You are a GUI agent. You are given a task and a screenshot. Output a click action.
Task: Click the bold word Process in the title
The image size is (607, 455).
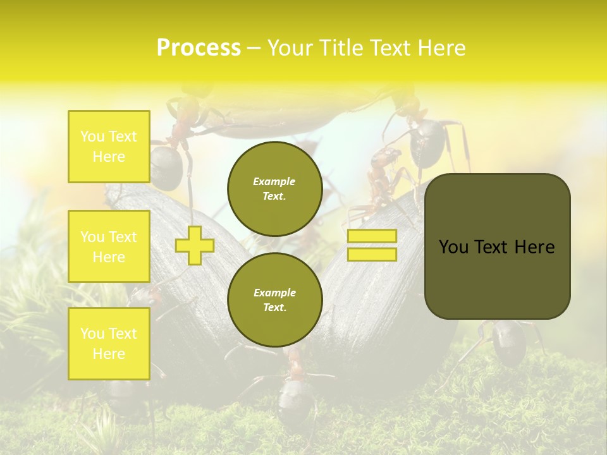pyautogui.click(x=199, y=48)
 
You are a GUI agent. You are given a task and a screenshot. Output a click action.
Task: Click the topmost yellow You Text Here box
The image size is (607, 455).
pyautogui.click(x=109, y=147)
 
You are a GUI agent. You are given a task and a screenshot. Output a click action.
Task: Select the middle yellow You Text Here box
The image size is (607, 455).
pyautogui.click(x=109, y=246)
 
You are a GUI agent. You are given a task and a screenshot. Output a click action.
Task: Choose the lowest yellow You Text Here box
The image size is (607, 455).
pyautogui.click(x=109, y=344)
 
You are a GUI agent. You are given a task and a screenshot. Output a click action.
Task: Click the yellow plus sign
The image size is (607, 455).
pyautogui.click(x=194, y=245)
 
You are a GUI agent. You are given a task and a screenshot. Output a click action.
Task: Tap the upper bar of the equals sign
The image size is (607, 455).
pyautogui.click(x=372, y=236)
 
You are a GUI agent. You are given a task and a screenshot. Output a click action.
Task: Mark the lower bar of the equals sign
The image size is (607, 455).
pyautogui.click(x=372, y=255)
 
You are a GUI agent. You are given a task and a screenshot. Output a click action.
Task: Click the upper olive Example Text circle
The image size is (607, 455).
pyautogui.click(x=274, y=188)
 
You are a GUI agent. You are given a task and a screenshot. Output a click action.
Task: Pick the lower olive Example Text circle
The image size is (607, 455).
pyautogui.click(x=274, y=300)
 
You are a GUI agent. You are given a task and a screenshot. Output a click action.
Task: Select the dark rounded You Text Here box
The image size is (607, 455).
pyautogui.click(x=497, y=246)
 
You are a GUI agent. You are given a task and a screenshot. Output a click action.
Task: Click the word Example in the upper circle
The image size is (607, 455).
pyautogui.click(x=274, y=181)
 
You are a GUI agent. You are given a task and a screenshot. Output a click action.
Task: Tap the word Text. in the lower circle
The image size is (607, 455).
pyautogui.click(x=274, y=308)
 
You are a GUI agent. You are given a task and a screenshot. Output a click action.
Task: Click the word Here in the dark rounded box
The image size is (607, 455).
pyautogui.click(x=535, y=247)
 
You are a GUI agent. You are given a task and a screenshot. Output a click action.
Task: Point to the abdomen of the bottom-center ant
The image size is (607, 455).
pyautogui.click(x=294, y=404)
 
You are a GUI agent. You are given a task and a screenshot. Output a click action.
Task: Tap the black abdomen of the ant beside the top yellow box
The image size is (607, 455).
pyautogui.click(x=166, y=167)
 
